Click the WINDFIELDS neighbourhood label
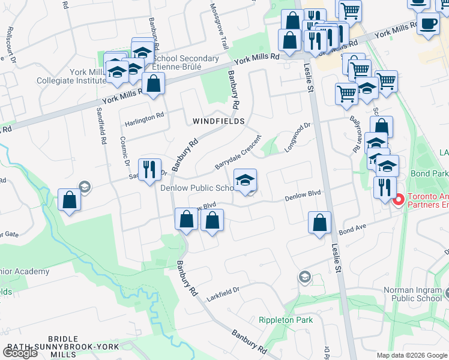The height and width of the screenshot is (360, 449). click(218, 121)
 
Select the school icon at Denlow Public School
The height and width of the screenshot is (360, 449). click(245, 181)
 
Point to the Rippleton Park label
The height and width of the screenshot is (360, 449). click(286, 320)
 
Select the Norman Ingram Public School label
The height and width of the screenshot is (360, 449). click(415, 294)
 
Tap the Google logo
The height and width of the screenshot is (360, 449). click(19, 352)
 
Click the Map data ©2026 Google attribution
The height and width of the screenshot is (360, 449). click(412, 355)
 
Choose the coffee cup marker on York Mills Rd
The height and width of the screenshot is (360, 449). click(427, 25)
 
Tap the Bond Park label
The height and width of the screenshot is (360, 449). click(429, 173)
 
